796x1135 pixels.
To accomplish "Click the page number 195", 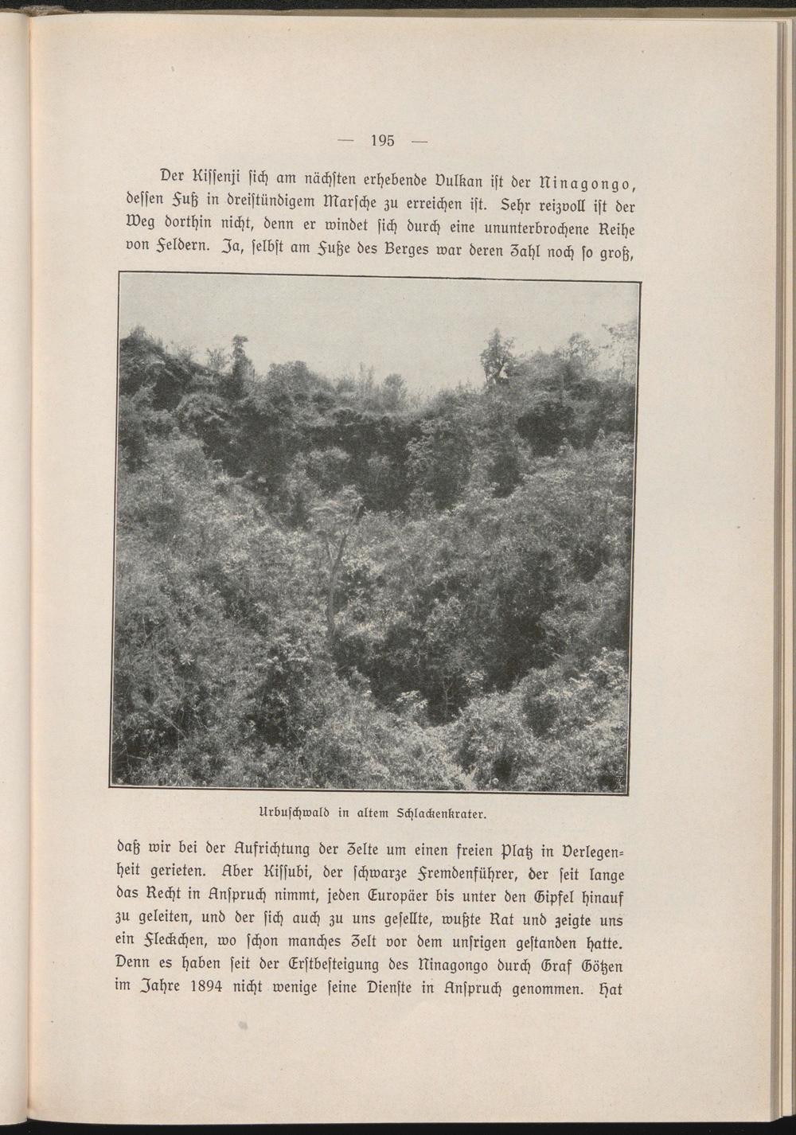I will tap(383, 142).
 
